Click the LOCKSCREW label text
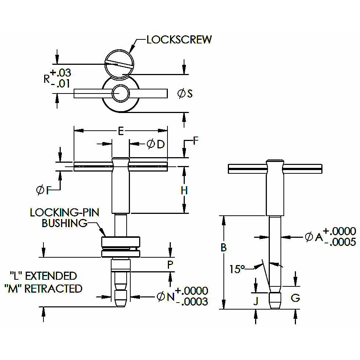(179, 40)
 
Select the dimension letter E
(120, 131)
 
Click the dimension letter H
(184, 190)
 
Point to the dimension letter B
(223, 248)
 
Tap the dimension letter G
(295, 298)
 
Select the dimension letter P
(170, 265)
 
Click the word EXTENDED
(51, 276)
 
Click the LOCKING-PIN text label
(65, 212)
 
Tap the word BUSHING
(64, 223)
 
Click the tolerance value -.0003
(192, 301)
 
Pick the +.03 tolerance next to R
(61, 72)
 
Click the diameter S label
(185, 93)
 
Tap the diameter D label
(155, 144)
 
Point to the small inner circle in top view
(121, 93)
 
